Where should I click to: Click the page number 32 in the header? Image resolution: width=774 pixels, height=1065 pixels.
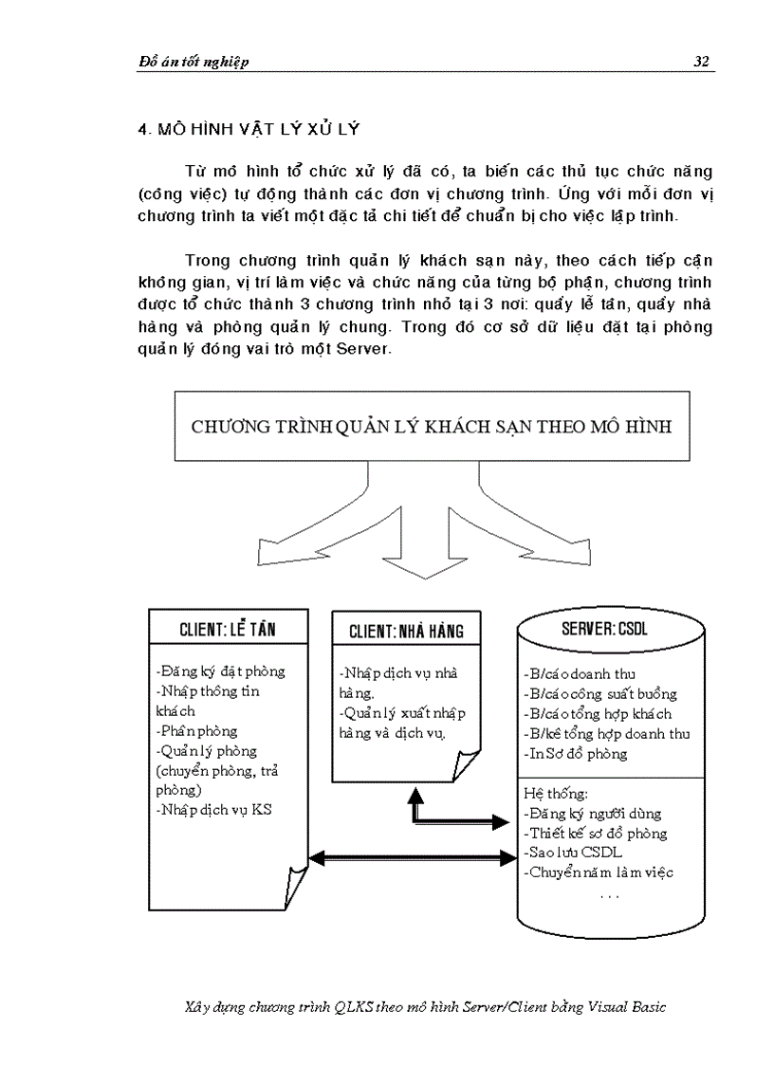click(x=701, y=62)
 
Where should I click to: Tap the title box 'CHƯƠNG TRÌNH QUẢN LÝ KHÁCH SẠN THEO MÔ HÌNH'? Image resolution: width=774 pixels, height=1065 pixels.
click(x=432, y=426)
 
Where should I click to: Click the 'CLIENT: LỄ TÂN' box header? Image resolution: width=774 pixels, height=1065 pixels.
click(x=229, y=629)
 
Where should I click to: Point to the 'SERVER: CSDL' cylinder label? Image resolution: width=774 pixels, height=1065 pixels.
click(x=606, y=629)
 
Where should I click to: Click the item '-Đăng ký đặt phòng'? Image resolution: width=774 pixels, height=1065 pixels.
click(x=219, y=671)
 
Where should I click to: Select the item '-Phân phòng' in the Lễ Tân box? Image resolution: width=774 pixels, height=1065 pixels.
click(x=196, y=731)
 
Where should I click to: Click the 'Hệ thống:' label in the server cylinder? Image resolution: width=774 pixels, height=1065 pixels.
click(x=556, y=794)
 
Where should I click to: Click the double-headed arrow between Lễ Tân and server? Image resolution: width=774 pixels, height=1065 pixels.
click(x=414, y=858)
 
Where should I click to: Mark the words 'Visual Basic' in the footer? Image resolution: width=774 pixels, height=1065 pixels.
click(x=627, y=1007)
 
